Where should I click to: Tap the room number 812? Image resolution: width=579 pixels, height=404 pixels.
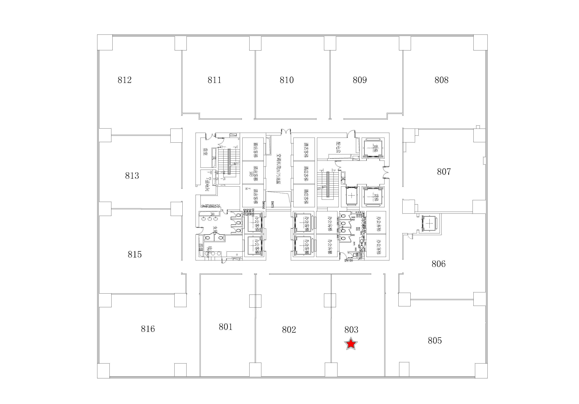pyautogui.click(x=125, y=80)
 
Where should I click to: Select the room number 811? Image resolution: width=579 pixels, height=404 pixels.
pyautogui.click(x=214, y=80)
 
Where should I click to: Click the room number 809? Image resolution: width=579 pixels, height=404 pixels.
pyautogui.click(x=360, y=80)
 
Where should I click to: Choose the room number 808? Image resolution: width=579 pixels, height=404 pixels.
pyautogui.click(x=441, y=80)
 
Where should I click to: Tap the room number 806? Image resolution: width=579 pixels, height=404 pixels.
pyautogui.click(x=439, y=264)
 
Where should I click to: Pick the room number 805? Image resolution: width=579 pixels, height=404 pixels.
pyautogui.click(x=435, y=341)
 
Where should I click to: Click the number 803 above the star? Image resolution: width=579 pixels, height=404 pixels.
pyautogui.click(x=351, y=329)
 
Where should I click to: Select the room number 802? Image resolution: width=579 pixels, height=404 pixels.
pyautogui.click(x=289, y=329)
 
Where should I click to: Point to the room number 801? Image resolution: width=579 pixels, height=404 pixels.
pyautogui.click(x=225, y=327)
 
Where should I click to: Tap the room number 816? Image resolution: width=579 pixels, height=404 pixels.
pyautogui.click(x=148, y=329)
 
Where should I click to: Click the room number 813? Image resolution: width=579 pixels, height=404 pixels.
pyautogui.click(x=132, y=175)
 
